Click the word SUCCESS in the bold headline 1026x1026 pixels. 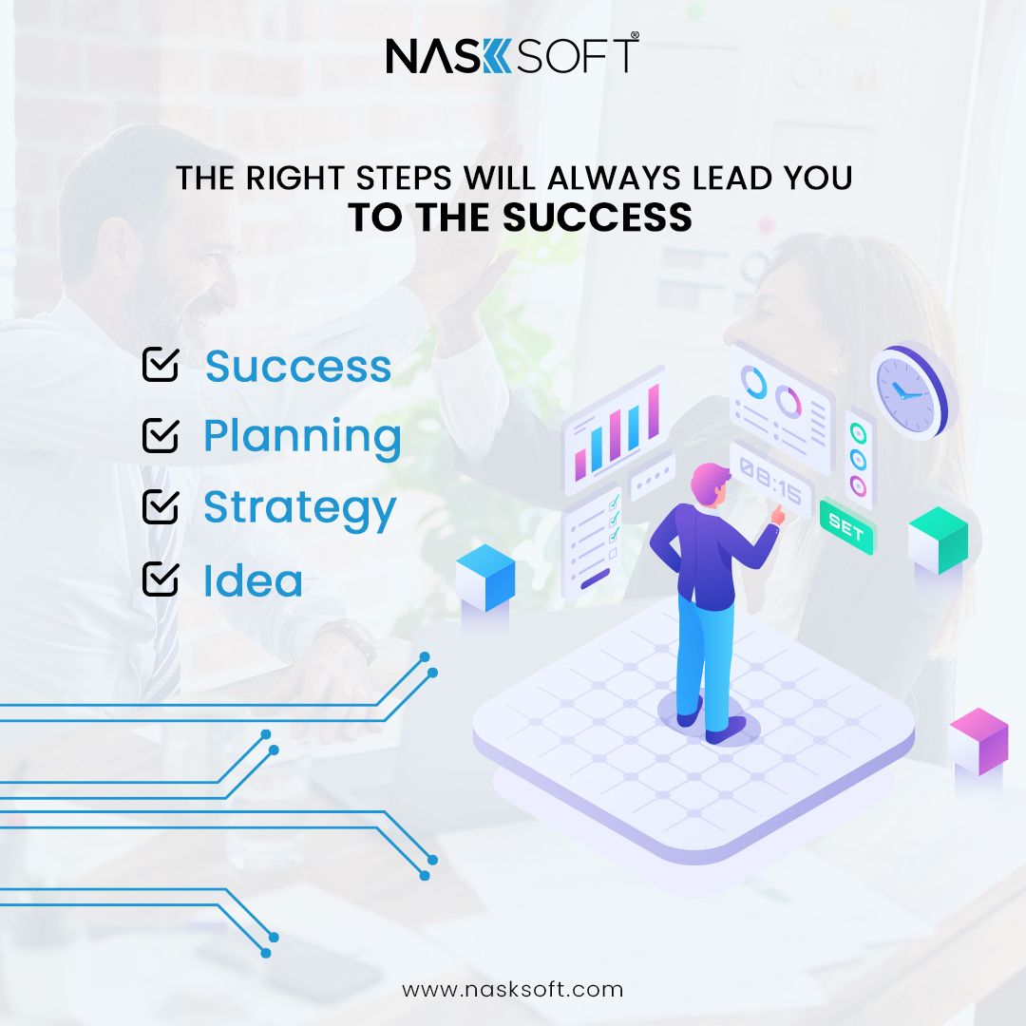(598, 218)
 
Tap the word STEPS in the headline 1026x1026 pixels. (404, 178)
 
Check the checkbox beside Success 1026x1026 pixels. (161, 364)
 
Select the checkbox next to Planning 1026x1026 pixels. (161, 435)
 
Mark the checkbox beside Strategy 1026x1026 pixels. (161, 505)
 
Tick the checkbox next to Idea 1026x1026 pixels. (161, 579)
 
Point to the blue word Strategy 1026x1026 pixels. (300, 509)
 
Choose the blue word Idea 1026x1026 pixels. (254, 580)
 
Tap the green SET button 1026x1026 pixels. (846, 526)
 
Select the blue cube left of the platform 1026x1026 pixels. (485, 578)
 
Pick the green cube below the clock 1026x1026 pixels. (939, 541)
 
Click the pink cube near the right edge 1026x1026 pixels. (978, 741)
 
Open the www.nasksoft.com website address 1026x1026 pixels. (512, 989)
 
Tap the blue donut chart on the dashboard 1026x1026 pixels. (753, 382)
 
